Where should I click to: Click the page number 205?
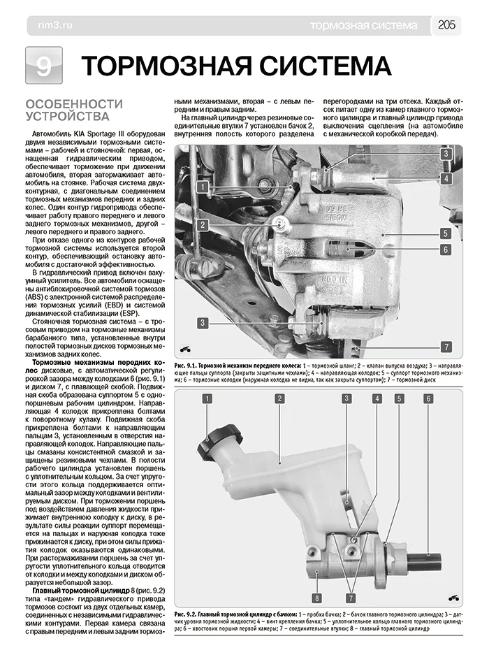coord(446,25)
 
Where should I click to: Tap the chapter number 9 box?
coord(43,66)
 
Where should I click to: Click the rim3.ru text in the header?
coord(48,26)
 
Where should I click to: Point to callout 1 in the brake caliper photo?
coord(201,187)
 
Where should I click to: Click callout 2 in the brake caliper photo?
coord(201,224)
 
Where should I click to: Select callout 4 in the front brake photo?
coord(444,179)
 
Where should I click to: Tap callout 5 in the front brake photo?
coord(444,233)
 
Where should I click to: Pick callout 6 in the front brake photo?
coord(444,249)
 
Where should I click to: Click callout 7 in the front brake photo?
coord(444,347)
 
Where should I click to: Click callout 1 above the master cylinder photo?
coord(207,399)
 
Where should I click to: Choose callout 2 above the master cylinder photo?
coord(279,399)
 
